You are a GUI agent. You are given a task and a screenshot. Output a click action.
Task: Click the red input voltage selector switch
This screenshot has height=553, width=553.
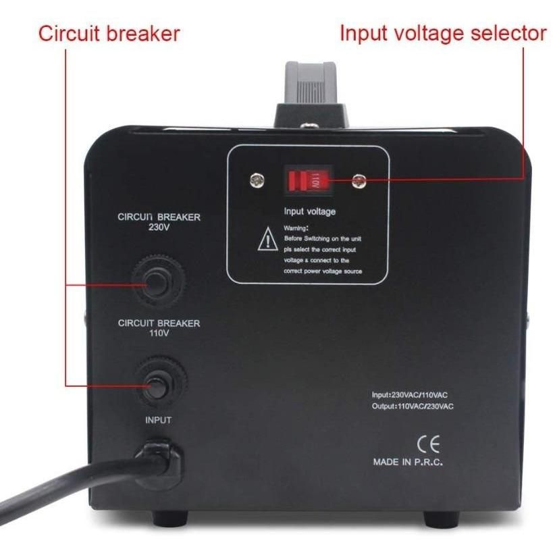point(307,180)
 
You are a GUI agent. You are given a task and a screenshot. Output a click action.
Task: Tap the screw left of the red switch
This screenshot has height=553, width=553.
point(257,180)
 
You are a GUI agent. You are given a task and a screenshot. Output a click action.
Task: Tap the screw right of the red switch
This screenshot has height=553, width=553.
point(358,180)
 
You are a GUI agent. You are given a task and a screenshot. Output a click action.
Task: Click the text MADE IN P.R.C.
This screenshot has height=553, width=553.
point(408,463)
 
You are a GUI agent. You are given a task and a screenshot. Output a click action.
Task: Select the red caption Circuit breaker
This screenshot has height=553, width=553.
point(109,33)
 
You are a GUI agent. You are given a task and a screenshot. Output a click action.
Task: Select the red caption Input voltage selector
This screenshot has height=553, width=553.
point(443,32)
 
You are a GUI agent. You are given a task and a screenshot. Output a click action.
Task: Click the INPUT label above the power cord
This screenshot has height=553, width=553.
point(158,420)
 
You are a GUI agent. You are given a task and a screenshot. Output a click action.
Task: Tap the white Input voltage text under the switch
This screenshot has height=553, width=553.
point(309,212)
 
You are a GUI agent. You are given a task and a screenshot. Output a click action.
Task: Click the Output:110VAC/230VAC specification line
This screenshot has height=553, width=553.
point(412,406)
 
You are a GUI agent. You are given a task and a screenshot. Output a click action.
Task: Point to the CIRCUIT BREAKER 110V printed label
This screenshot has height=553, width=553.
point(159,327)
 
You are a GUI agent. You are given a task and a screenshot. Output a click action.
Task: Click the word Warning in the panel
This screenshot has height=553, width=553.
point(296,229)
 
